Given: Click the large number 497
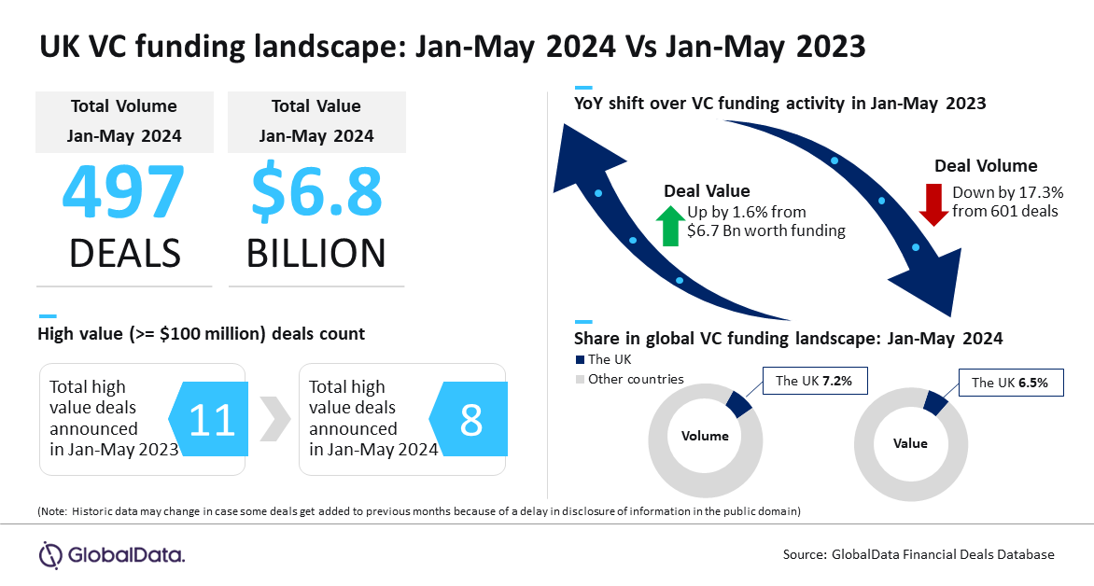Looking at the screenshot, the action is [x=123, y=191].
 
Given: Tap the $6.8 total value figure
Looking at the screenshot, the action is [x=316, y=192].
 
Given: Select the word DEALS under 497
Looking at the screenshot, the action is [x=125, y=253].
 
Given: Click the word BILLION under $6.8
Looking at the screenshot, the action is [x=316, y=253].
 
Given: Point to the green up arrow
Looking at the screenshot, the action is [x=670, y=225].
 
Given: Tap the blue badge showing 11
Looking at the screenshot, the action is [x=208, y=419].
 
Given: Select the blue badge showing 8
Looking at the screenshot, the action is [x=469, y=419].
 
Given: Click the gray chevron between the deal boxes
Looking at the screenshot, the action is [x=274, y=419].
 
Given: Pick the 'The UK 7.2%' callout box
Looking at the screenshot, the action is [x=815, y=381].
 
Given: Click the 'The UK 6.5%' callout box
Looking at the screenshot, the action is [x=1011, y=383].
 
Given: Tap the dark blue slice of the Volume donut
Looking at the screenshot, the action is [x=739, y=403].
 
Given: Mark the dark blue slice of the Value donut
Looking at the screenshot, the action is [x=936, y=402].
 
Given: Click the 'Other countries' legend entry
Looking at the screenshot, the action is [x=629, y=379].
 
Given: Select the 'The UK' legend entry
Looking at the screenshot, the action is [x=604, y=359].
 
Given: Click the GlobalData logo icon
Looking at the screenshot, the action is [x=50, y=555].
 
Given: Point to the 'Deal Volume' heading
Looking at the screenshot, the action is [x=986, y=166].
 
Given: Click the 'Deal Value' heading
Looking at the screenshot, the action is [x=707, y=191].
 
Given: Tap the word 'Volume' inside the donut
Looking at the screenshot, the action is [x=705, y=436].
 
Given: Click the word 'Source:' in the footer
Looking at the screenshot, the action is [x=805, y=554].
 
